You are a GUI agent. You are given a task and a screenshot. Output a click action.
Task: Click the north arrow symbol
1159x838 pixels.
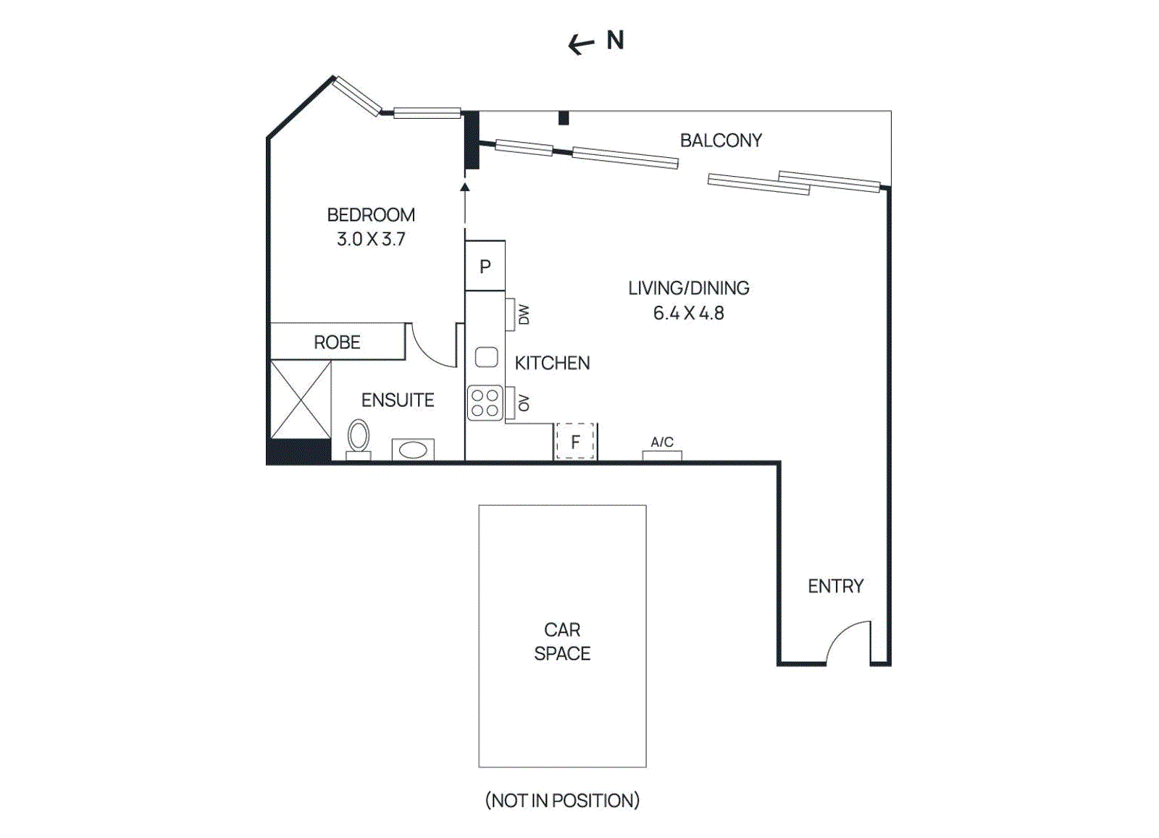tap(581, 45)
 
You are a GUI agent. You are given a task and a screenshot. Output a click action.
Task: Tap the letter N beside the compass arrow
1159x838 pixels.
tap(615, 41)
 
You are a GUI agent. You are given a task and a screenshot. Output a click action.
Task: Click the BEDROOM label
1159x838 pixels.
tap(371, 215)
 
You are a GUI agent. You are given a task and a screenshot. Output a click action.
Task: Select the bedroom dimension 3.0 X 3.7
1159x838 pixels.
tap(371, 239)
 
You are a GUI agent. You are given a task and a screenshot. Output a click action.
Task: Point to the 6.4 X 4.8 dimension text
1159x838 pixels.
tap(688, 313)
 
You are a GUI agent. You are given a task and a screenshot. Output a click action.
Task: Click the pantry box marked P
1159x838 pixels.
tap(485, 267)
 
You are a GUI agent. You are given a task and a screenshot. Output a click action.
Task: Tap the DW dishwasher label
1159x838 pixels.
tap(524, 314)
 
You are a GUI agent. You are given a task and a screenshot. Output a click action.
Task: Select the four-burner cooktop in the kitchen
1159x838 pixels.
tap(485, 403)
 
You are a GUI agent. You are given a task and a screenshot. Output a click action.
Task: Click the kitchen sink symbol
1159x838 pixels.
tap(486, 357)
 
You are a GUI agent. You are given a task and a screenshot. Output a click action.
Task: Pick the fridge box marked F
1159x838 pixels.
tap(575, 442)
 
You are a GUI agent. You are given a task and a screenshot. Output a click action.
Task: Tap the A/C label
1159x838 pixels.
tap(662, 442)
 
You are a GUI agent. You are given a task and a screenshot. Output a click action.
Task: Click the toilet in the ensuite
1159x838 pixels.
tap(358, 437)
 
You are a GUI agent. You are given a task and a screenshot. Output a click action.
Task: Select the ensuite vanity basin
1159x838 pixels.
tap(413, 450)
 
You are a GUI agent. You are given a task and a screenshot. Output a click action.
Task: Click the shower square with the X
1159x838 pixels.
tap(301, 399)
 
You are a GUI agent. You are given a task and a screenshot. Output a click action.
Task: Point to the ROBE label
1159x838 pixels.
tap(337, 342)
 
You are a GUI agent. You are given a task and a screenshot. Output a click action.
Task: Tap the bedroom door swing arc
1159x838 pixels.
tap(432, 348)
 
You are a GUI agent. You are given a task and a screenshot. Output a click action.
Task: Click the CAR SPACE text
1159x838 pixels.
tap(562, 642)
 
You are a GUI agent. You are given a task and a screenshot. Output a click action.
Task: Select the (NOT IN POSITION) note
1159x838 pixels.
tap(562, 800)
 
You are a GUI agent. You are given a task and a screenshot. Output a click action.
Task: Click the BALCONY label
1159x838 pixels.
tap(721, 141)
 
